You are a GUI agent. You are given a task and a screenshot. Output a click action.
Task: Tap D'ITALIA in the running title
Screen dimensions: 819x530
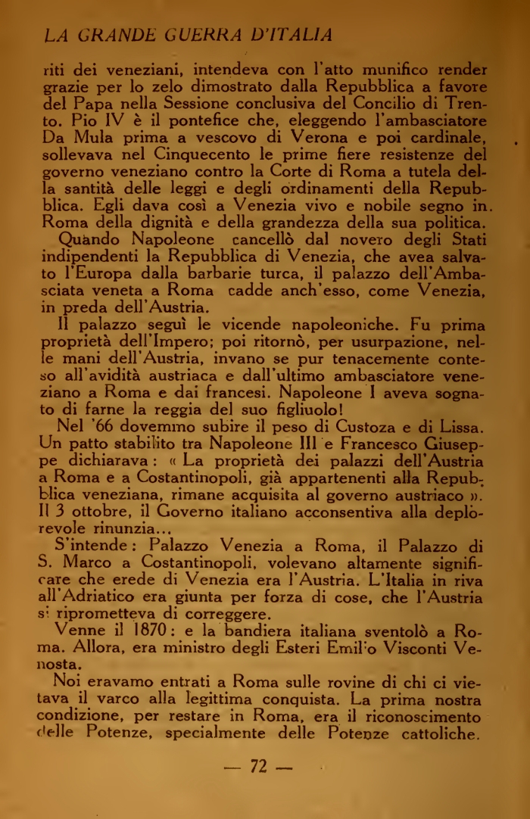288,35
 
